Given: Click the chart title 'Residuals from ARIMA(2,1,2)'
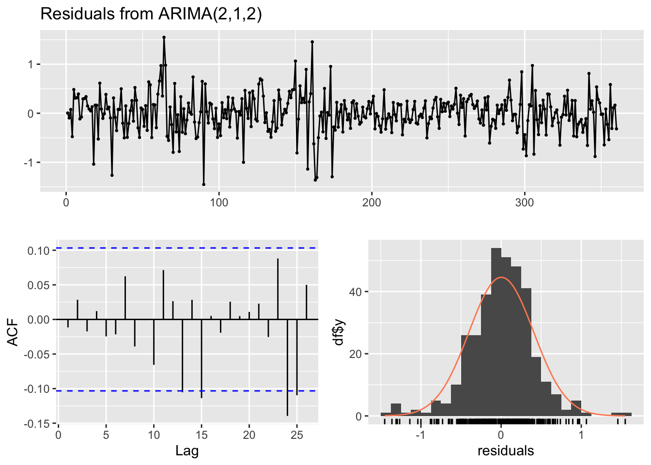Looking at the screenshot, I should tap(151, 14).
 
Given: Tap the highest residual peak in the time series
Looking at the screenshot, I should tap(164, 37).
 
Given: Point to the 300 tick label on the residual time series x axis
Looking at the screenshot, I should tap(525, 202).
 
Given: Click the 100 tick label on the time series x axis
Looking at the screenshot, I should tap(219, 202).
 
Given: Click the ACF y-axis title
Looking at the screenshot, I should tap(13, 332).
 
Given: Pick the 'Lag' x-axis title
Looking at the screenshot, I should tap(187, 451).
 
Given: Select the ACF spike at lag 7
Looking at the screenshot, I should tap(125, 298).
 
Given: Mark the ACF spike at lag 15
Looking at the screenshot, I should tap(201, 358).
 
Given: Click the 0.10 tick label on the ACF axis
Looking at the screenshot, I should tap(39, 250).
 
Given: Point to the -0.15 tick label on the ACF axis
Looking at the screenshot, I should tap(37, 424).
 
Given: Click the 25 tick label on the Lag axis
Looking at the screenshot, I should tap(297, 435).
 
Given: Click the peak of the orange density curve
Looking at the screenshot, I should tap(501, 278).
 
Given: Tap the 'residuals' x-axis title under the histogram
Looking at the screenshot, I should tap(506, 451).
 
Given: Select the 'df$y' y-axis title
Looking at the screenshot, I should tap(339, 332).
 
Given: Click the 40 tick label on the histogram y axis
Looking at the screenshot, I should tap(356, 292).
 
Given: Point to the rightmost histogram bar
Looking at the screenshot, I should tap(621, 414).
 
